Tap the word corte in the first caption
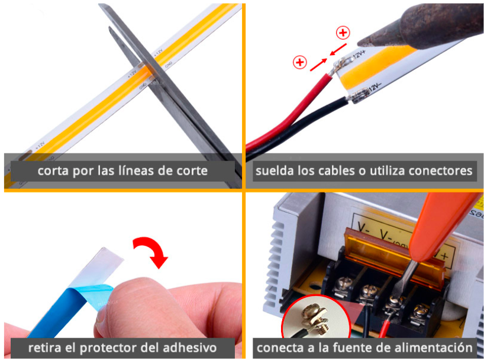(190, 171)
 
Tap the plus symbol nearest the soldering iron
(343, 33)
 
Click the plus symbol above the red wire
(300, 62)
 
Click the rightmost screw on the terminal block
(421, 309)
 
